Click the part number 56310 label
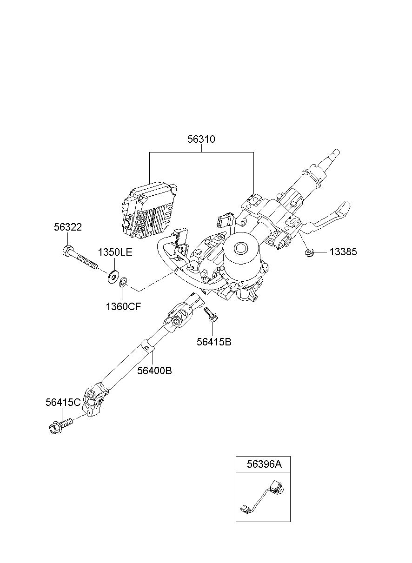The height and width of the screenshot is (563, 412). click(x=201, y=139)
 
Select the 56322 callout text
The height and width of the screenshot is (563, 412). click(x=68, y=227)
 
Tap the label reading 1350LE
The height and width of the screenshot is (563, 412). click(x=115, y=252)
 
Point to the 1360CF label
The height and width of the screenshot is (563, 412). click(x=123, y=306)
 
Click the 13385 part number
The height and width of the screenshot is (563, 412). click(x=343, y=252)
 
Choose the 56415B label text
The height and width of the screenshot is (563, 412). click(x=214, y=342)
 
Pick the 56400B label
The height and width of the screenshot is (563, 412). click(x=154, y=371)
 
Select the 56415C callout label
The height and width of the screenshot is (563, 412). click(x=63, y=402)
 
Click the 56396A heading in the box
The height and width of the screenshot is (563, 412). click(x=264, y=464)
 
